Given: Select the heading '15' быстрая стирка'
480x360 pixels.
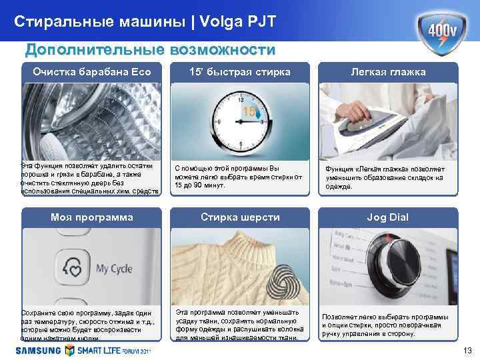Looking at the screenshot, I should coord(240,72).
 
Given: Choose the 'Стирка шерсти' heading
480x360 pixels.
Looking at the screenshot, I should coord(241,217).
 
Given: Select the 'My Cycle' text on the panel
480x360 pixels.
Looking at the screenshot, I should coord(114,269).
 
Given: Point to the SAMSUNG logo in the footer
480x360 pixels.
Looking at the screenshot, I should coord(35,350).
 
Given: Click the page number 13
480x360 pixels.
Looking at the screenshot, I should coord(467,351).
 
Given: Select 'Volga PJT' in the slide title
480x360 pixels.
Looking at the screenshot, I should coord(233,22).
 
